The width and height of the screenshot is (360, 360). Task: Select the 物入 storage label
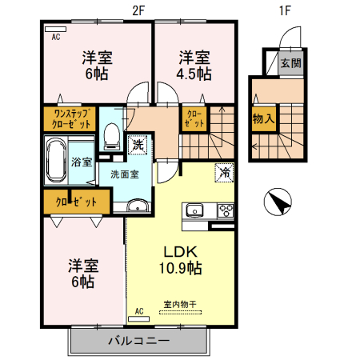coord(262,119)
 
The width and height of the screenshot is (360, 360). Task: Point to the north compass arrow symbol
coord(278,202)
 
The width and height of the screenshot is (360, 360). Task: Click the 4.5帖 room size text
coord(194,74)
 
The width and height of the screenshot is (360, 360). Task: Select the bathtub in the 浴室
coord(55,159)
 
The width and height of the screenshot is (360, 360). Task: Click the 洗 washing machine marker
coord(138,146)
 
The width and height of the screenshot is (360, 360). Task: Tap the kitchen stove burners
coord(224,211)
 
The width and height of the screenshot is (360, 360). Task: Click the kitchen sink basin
coord(196,211)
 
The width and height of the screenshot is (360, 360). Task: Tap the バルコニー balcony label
coord(138,342)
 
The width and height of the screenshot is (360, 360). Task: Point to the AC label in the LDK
coord(138,310)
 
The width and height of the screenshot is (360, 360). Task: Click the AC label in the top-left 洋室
coord(56,37)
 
